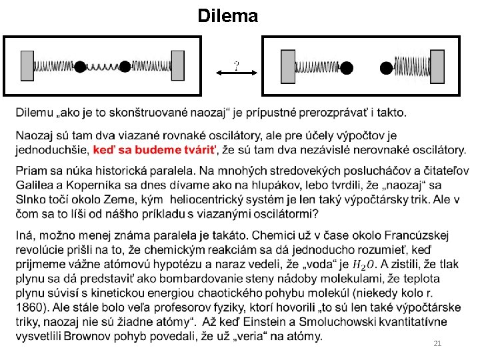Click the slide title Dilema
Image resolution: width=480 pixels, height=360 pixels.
(x=227, y=16)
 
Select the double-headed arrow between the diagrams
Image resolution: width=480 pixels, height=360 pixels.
(x=236, y=75)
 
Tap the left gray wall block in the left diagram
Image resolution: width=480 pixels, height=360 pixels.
(x=27, y=67)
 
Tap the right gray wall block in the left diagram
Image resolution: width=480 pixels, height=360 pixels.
(x=178, y=67)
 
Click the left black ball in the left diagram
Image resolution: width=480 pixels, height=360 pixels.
(x=80, y=67)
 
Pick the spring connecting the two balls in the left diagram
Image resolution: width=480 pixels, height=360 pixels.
(x=103, y=67)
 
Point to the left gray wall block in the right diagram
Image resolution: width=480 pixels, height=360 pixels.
(x=288, y=67)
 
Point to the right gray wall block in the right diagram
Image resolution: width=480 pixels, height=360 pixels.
(x=438, y=67)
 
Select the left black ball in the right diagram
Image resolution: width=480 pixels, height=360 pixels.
(x=347, y=67)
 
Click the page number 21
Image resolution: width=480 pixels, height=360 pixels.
(x=437, y=343)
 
